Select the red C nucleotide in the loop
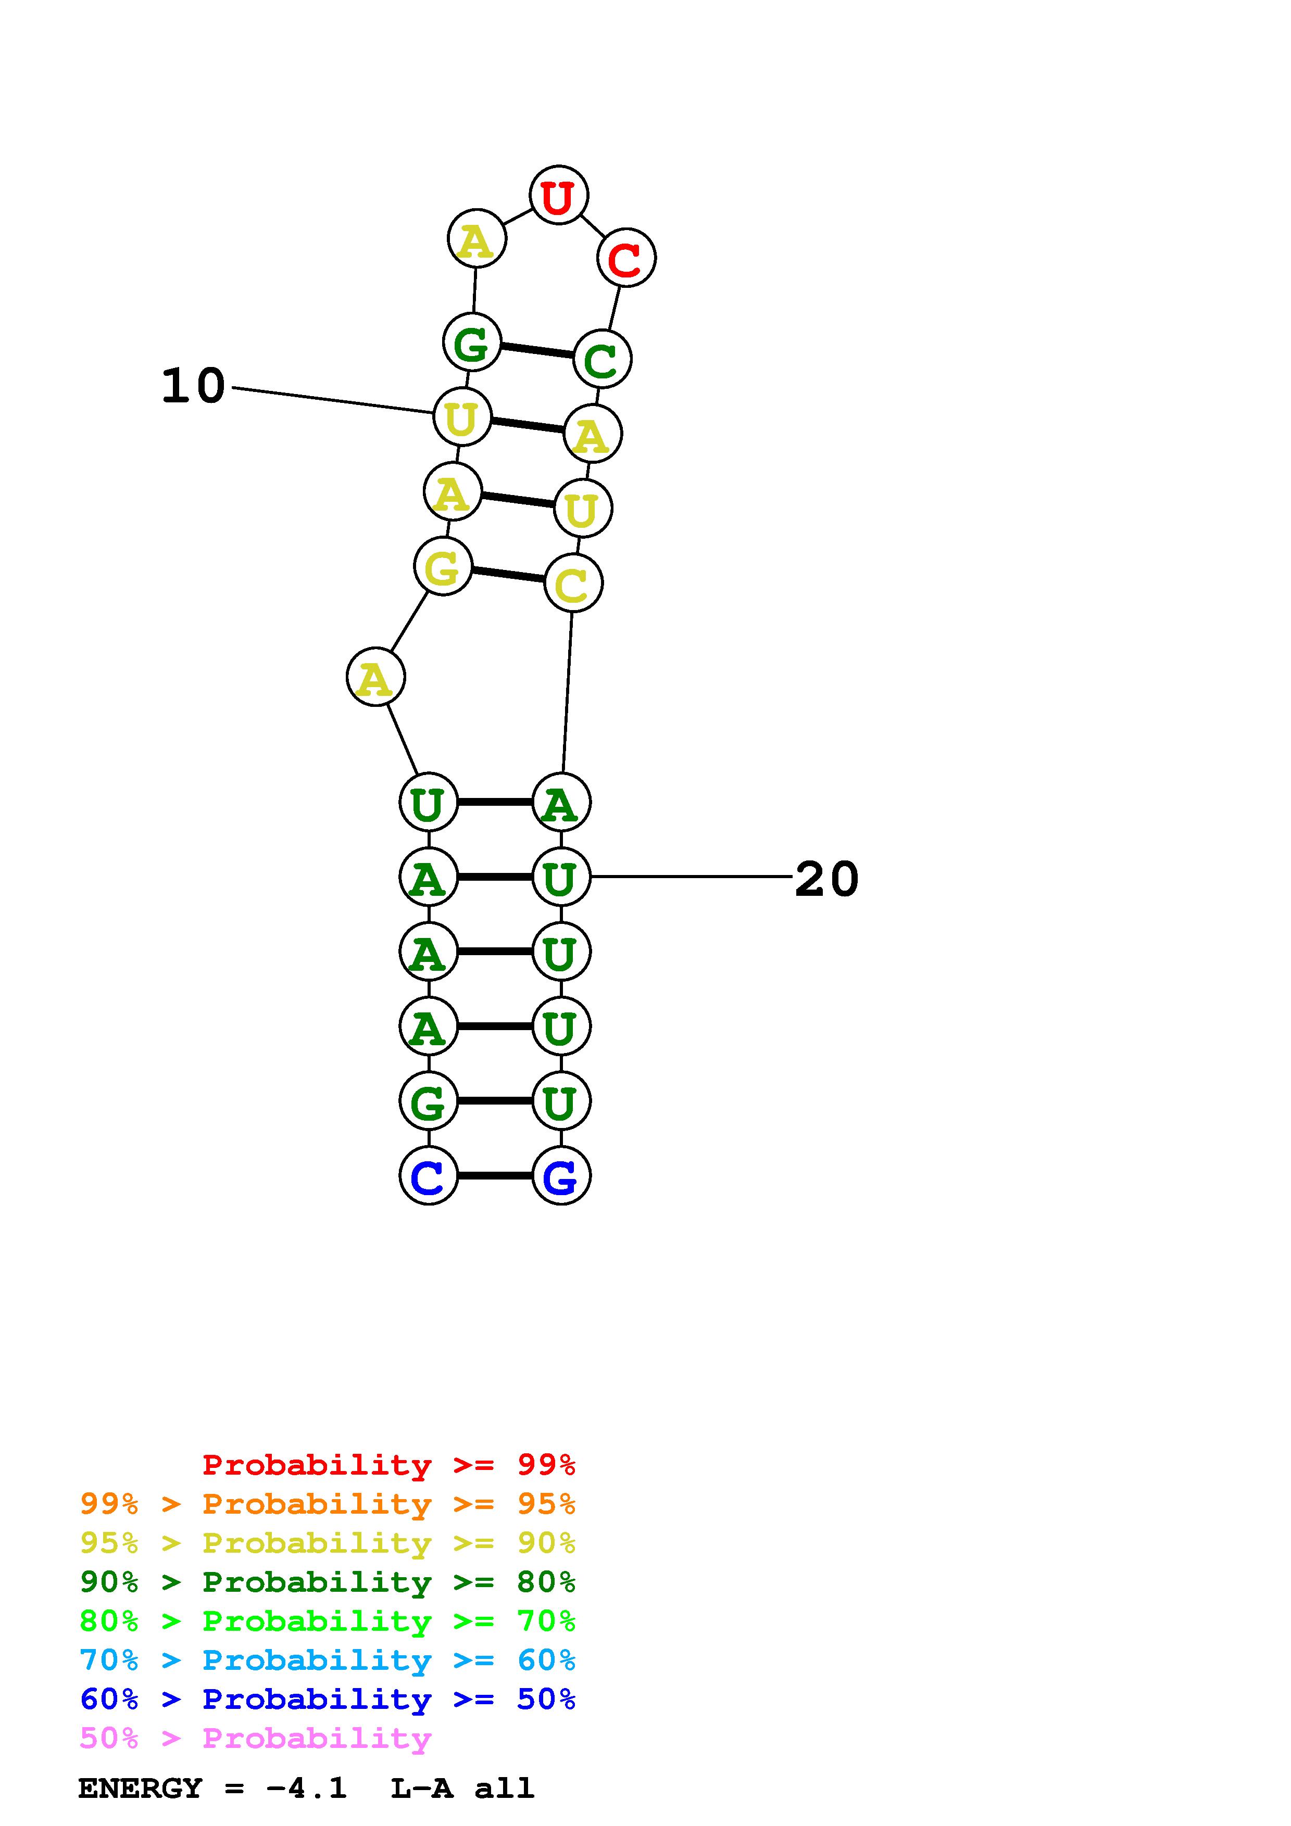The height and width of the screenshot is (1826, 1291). (626, 258)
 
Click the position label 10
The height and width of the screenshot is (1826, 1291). (193, 387)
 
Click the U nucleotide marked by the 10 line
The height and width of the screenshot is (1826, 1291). (461, 417)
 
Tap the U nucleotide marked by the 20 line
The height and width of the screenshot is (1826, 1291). (561, 877)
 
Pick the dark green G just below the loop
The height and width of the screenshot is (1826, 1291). (472, 343)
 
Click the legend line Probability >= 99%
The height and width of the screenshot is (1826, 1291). (388, 1464)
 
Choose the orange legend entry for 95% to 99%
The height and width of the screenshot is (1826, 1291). (327, 1504)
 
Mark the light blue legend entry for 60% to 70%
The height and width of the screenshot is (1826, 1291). (327, 1660)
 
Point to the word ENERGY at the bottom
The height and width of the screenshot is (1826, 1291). (140, 1788)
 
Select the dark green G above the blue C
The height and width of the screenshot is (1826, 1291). (428, 1101)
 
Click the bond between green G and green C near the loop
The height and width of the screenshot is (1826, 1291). (537, 351)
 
